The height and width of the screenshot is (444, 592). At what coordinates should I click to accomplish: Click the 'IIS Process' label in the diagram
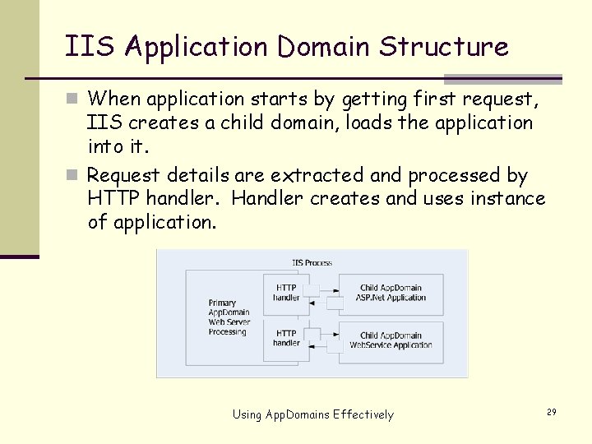point(312,263)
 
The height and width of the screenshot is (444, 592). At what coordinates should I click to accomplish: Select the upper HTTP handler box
point(287,293)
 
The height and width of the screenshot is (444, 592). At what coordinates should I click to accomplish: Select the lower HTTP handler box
point(287,338)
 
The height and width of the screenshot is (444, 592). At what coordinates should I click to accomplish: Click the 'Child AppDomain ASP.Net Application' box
point(391,294)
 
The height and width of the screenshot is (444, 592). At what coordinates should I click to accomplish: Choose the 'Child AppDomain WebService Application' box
point(391,340)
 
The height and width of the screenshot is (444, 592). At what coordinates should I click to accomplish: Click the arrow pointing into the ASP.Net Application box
point(329,289)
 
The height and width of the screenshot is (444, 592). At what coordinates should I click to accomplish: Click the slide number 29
point(551,411)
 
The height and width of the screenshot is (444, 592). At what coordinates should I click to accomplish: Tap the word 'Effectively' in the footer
point(363,414)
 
